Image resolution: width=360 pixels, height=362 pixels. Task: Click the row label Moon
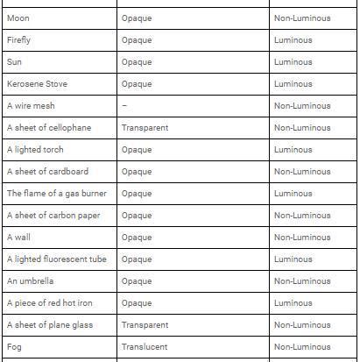tap(18, 18)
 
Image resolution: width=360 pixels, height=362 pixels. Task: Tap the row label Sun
tap(14, 62)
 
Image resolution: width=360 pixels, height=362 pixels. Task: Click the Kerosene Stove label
tap(37, 84)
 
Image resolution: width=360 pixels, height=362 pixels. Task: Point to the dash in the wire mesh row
tap(124, 106)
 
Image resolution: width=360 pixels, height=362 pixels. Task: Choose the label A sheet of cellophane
tap(49, 128)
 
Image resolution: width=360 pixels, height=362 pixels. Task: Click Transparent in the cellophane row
tap(145, 128)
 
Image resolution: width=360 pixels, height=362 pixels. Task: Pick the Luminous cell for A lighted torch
tap(293, 150)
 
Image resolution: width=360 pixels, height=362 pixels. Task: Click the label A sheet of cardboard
tap(47, 172)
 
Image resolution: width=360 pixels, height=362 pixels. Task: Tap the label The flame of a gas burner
tap(57, 194)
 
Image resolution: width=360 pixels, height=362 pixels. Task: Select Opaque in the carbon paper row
tap(137, 216)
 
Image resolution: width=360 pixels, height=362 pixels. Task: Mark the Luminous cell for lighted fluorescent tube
tap(293, 259)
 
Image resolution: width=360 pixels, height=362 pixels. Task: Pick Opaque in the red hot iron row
tap(137, 303)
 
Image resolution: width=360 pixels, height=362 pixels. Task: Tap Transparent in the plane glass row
tap(145, 325)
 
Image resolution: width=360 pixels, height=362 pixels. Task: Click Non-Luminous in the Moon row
tap(302, 18)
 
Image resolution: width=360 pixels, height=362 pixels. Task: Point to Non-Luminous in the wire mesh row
tap(302, 106)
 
